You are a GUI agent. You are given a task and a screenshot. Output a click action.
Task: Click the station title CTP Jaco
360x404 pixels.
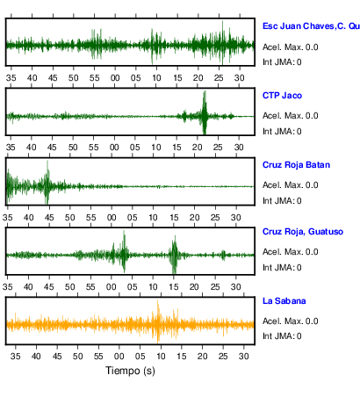coord(282,96)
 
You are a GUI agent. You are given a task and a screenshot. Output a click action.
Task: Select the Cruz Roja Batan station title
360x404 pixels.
coord(296,165)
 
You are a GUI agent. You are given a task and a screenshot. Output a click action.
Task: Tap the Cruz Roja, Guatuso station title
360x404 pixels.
coord(303,232)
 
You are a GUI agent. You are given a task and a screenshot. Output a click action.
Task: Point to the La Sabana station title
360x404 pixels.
coord(284,301)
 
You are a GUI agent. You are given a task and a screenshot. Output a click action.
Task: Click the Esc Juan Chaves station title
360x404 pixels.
coord(311,26)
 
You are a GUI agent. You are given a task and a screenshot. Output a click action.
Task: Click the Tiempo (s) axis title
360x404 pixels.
coord(130,371)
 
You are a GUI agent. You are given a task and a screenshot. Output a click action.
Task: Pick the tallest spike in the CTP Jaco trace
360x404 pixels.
coord(205,112)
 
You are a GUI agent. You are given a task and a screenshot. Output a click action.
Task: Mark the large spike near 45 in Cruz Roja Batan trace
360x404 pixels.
coord(47,182)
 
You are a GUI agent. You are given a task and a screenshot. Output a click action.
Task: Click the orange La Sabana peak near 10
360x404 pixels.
coord(158,321)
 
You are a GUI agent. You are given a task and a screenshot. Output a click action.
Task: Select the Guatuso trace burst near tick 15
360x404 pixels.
coord(175,255)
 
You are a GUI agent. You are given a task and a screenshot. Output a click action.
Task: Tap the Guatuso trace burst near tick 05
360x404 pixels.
coord(124,251)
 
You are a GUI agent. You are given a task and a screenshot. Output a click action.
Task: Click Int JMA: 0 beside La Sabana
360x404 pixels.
coord(282,335)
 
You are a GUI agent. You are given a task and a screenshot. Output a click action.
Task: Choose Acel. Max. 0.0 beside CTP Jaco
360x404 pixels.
coord(290,116)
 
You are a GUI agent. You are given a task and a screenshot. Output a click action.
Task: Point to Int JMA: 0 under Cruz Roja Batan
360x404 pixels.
coord(282,201)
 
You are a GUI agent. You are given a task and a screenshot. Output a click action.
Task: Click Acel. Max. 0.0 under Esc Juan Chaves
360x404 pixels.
coord(290,47)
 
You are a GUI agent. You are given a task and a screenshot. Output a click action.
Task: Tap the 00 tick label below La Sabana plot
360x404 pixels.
coord(119,357)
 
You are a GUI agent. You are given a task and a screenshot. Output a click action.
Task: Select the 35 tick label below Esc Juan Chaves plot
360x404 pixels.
coord(11,78)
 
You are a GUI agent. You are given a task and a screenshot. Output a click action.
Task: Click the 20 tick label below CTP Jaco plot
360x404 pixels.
coord(198,148)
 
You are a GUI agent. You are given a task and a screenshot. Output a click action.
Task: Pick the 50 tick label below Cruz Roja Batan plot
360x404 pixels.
coord(70,218)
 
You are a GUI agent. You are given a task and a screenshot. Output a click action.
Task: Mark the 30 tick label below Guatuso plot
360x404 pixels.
coord(236,287)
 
